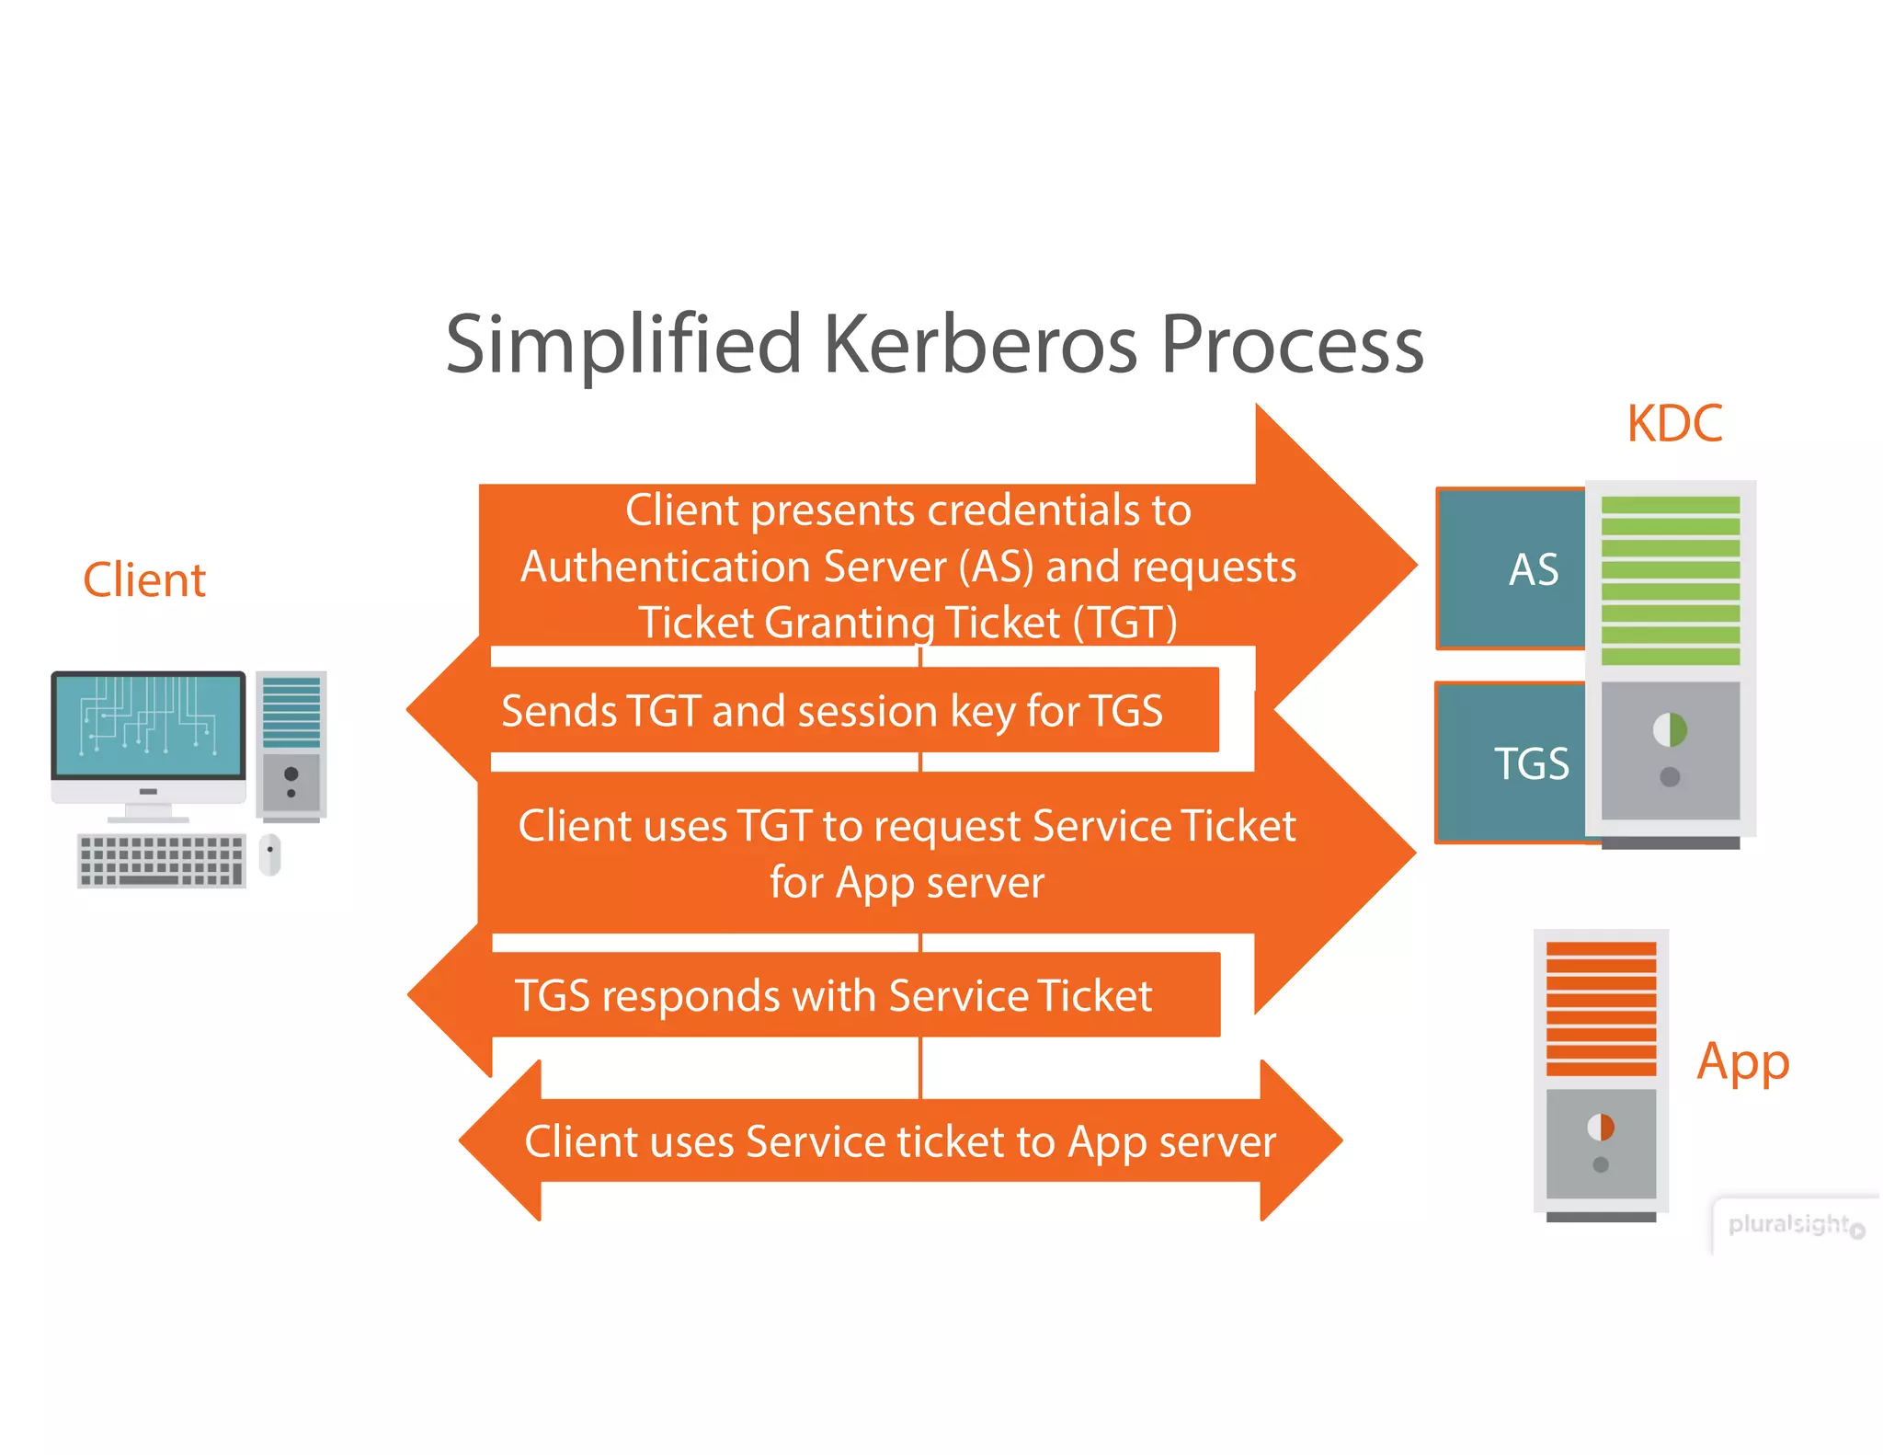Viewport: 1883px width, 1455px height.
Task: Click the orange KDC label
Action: pyautogui.click(x=1673, y=424)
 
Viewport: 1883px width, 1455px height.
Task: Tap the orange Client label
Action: pyautogui.click(x=144, y=580)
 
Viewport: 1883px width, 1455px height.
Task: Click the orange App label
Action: pyautogui.click(x=1742, y=1062)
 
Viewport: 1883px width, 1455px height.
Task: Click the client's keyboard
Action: pyautogui.click(x=162, y=861)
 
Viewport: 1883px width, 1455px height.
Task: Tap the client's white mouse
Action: pyautogui.click(x=269, y=855)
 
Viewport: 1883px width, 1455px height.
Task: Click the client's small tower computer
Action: pyautogui.click(x=291, y=745)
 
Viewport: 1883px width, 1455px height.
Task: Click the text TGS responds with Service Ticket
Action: pyautogui.click(x=833, y=996)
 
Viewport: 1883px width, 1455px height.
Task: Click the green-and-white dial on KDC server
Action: pyautogui.click(x=1670, y=730)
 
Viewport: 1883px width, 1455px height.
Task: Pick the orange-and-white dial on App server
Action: pyautogui.click(x=1601, y=1127)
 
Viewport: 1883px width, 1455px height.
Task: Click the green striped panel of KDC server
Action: pyautogui.click(x=1670, y=580)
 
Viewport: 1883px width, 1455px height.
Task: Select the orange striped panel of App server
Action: pyautogui.click(x=1601, y=1008)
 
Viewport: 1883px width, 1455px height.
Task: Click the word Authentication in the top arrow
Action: pyautogui.click(x=668, y=567)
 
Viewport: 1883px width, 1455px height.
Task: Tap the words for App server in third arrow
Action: pyautogui.click(x=907, y=883)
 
